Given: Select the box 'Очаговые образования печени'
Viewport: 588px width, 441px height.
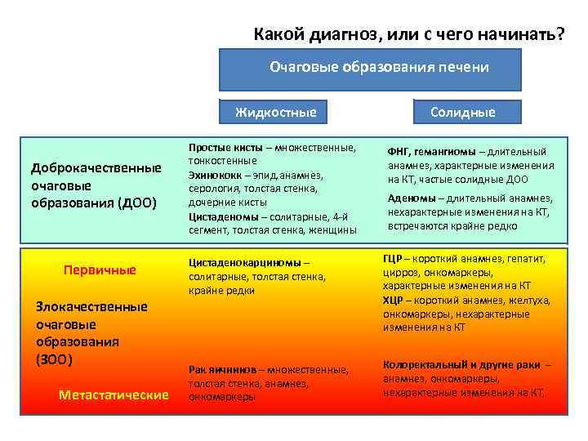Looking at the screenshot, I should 379,68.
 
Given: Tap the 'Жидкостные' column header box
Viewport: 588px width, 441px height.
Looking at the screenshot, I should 275,112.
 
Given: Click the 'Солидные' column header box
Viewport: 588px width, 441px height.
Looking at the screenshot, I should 463,112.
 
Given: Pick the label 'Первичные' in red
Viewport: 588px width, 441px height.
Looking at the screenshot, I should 100,269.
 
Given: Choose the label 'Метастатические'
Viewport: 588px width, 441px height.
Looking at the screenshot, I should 114,394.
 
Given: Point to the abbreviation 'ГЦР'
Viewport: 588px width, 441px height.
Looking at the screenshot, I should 394,259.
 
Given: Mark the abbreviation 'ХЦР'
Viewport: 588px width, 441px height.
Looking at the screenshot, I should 394,300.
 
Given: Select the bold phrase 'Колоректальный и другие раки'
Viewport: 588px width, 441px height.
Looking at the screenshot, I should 461,365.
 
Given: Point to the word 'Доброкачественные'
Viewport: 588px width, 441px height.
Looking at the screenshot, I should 96,168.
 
